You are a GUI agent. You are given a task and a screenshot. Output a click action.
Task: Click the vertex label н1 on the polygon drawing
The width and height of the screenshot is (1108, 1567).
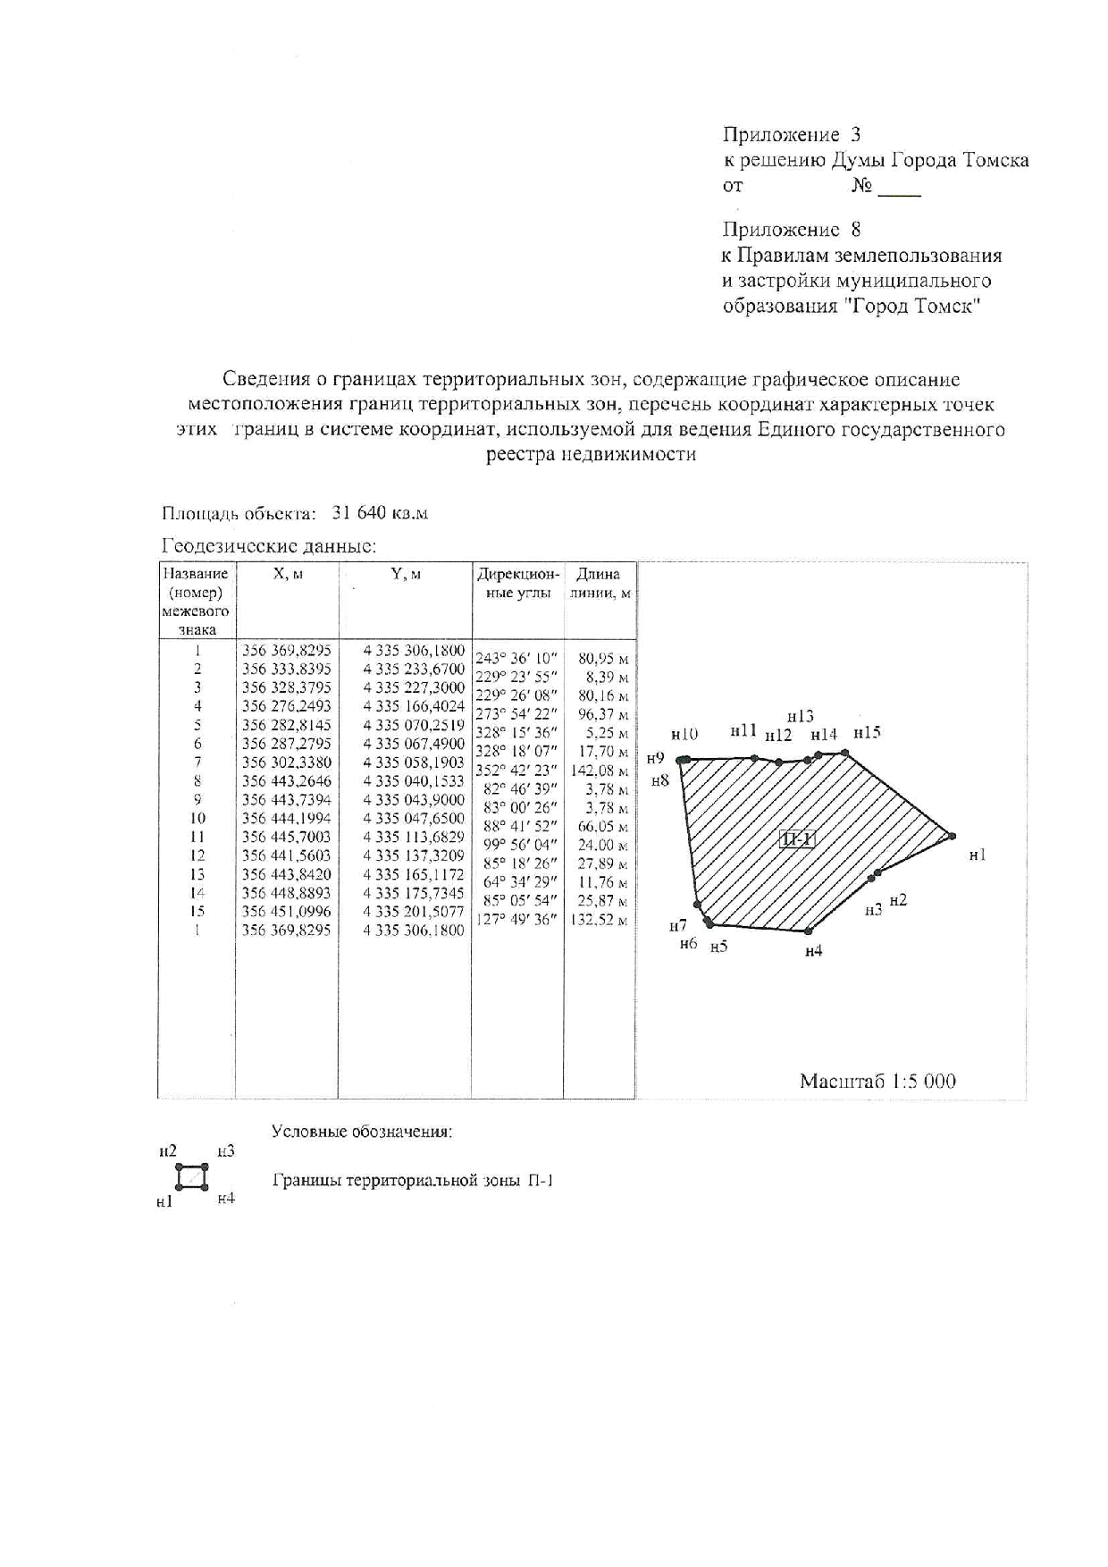[x=978, y=855]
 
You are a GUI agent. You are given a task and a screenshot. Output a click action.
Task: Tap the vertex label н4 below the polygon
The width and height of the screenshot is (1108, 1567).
[x=813, y=952]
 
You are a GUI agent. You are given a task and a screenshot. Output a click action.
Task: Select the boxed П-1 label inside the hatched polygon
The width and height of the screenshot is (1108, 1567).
[x=796, y=839]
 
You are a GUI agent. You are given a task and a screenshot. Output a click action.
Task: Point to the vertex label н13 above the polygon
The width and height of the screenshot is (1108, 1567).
[x=801, y=716]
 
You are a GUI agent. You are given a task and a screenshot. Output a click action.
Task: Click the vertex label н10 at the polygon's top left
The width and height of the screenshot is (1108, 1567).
[x=684, y=734]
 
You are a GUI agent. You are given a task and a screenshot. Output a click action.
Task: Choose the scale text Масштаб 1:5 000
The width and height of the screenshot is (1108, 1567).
[x=877, y=1082]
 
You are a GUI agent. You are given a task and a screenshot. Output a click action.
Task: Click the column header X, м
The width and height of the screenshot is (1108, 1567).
[x=288, y=575]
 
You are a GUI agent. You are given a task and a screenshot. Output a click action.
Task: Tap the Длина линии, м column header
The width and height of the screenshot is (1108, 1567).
[x=599, y=584]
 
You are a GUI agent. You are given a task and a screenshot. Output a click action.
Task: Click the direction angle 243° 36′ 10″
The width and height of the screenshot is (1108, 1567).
[x=516, y=659]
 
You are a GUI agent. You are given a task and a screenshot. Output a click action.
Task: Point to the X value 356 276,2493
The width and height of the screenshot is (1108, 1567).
[x=287, y=706]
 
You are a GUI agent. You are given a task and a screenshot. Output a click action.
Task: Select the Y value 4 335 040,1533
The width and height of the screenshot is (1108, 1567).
[x=414, y=781]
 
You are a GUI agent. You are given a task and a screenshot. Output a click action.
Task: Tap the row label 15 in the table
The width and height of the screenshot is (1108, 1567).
[x=197, y=912]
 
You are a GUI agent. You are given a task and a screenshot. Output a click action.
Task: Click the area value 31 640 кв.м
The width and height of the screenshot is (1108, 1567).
[x=380, y=513]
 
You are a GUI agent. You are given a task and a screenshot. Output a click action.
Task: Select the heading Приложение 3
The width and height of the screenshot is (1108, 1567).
[x=792, y=135]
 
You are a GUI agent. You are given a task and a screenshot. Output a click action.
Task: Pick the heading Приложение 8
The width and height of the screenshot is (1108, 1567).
[x=792, y=230]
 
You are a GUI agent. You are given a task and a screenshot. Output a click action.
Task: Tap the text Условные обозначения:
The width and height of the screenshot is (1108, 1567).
[x=362, y=1132]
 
